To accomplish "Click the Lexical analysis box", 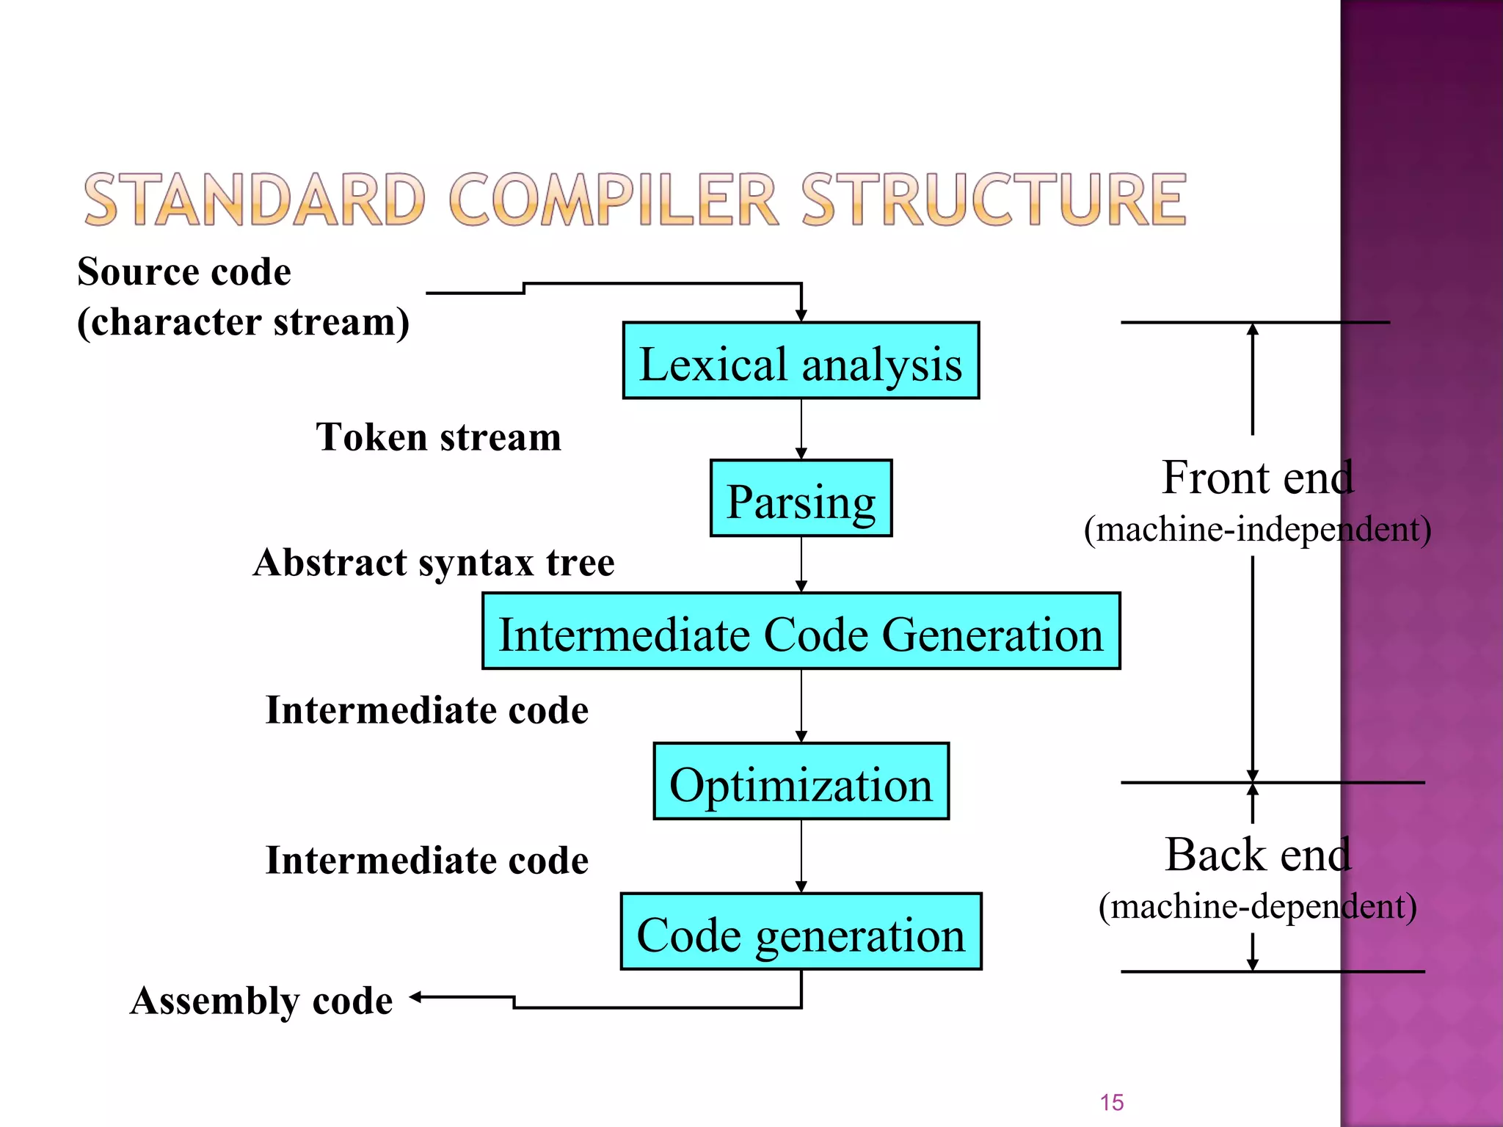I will pos(801,361).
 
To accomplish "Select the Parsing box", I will pos(801,499).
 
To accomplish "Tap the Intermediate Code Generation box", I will pos(801,632).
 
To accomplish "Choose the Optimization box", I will pos(801,781).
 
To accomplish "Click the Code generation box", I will pos(801,932).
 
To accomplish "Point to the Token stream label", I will pos(438,437).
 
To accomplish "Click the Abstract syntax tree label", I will pos(434,563).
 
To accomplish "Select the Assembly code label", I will pos(261,1001).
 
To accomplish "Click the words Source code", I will pos(184,271).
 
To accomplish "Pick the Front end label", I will pos(1257,478).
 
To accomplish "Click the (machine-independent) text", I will pos(1257,529).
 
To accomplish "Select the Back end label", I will pos(1257,855).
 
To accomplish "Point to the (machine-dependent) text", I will pos(1257,906).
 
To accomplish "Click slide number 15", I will pos(1112,1102).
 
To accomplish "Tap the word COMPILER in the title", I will pos(612,200).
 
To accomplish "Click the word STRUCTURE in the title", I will pos(993,200).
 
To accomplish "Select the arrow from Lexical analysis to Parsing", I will pos(801,429).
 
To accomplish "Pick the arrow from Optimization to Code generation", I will pos(801,856).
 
